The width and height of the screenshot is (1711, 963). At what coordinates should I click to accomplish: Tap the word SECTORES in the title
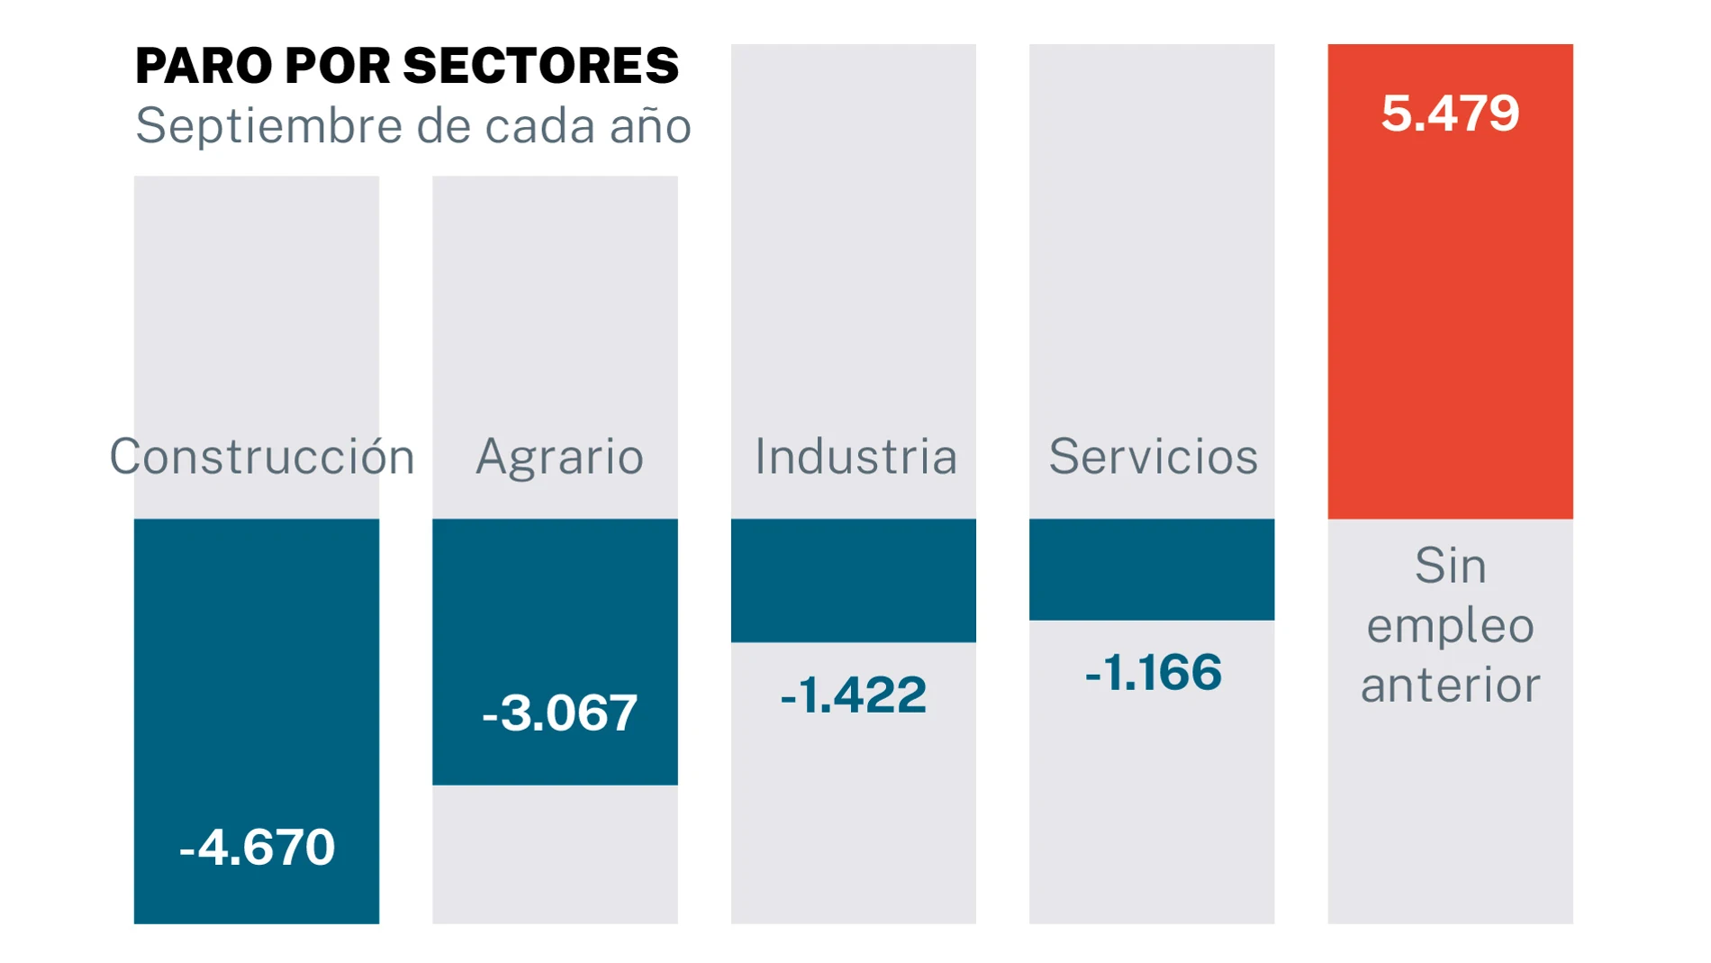pos(540,67)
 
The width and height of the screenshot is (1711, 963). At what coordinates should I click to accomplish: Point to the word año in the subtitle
pos(650,126)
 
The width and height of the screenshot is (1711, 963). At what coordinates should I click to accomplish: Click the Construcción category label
pos(261,457)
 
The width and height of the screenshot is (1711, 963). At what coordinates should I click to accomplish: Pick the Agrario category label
pos(559,457)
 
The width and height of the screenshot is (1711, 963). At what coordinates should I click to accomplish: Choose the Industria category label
pos(855,457)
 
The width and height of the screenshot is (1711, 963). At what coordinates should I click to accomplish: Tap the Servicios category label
pos(1153,457)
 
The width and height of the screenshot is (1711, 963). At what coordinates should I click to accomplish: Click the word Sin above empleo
pos(1450,567)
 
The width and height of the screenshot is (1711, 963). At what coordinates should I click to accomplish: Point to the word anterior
pos(1450,686)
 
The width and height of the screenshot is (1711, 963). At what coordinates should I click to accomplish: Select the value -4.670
pos(258,848)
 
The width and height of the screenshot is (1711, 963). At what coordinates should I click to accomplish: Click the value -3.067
pos(560,713)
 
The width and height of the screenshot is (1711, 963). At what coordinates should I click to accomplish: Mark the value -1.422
pos(853,695)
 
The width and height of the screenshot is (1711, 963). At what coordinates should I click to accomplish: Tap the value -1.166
pos(1153,673)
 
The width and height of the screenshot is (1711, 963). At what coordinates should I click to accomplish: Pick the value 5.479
pos(1450,114)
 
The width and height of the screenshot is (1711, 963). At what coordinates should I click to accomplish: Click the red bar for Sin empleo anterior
pos(1450,315)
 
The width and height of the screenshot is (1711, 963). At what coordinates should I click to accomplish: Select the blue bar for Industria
pos(853,580)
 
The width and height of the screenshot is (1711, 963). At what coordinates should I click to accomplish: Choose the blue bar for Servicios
pos(1152,569)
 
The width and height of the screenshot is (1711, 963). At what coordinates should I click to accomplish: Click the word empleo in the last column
pos(1450,626)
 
